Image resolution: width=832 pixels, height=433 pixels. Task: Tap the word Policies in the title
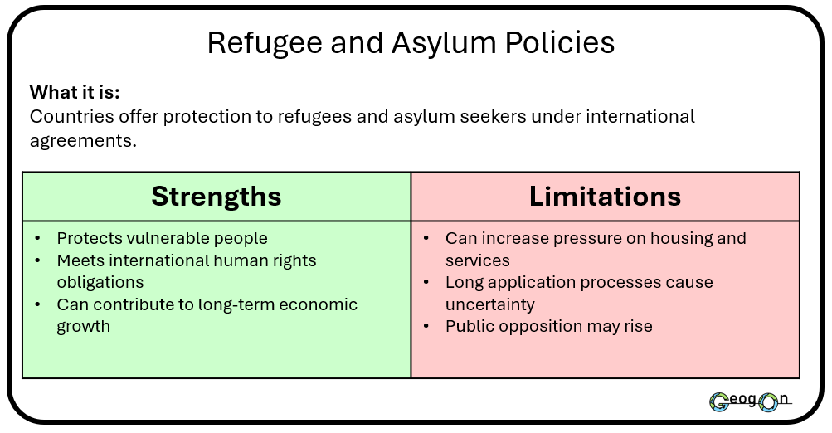(564, 43)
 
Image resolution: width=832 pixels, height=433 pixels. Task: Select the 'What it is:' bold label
(80, 92)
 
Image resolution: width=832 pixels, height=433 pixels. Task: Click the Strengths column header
(217, 197)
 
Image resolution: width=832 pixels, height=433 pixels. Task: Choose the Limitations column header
(605, 197)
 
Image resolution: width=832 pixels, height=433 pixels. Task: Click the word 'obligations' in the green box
(100, 282)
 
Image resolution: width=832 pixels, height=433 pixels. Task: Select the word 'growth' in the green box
(83, 326)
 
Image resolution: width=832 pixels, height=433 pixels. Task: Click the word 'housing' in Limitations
(659, 239)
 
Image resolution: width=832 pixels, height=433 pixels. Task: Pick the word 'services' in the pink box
(478, 260)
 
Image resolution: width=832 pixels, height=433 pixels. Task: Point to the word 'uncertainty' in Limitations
(490, 304)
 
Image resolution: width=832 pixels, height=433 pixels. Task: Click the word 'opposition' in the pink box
(543, 326)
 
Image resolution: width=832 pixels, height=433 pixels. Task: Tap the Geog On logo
(749, 401)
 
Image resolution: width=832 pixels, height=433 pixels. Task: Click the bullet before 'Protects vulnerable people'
(38, 239)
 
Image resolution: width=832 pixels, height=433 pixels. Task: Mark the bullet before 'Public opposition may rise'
(426, 326)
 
